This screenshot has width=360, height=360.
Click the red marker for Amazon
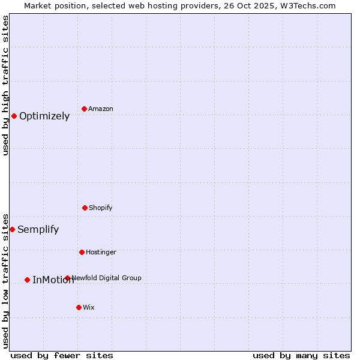click(84, 109)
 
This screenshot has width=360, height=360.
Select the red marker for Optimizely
click(14, 116)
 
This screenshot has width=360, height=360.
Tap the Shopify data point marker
click(85, 208)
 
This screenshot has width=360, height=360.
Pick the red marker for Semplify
click(12, 229)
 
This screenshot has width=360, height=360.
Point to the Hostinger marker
click(82, 252)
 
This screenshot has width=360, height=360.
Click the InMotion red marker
click(27, 280)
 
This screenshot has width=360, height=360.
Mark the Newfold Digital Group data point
click(67, 278)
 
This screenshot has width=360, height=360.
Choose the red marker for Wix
click(79, 307)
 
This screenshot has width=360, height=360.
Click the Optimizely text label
click(44, 116)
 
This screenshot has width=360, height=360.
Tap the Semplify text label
click(38, 230)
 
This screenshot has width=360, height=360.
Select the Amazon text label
click(101, 109)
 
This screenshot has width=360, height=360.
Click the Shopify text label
click(101, 208)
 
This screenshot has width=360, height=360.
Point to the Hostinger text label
click(101, 253)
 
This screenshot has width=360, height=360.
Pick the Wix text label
click(89, 308)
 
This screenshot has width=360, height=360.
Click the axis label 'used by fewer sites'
click(62, 355)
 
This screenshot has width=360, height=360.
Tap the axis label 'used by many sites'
click(301, 355)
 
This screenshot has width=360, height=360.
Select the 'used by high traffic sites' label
click(6, 85)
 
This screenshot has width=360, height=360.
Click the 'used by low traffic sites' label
click(6, 281)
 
